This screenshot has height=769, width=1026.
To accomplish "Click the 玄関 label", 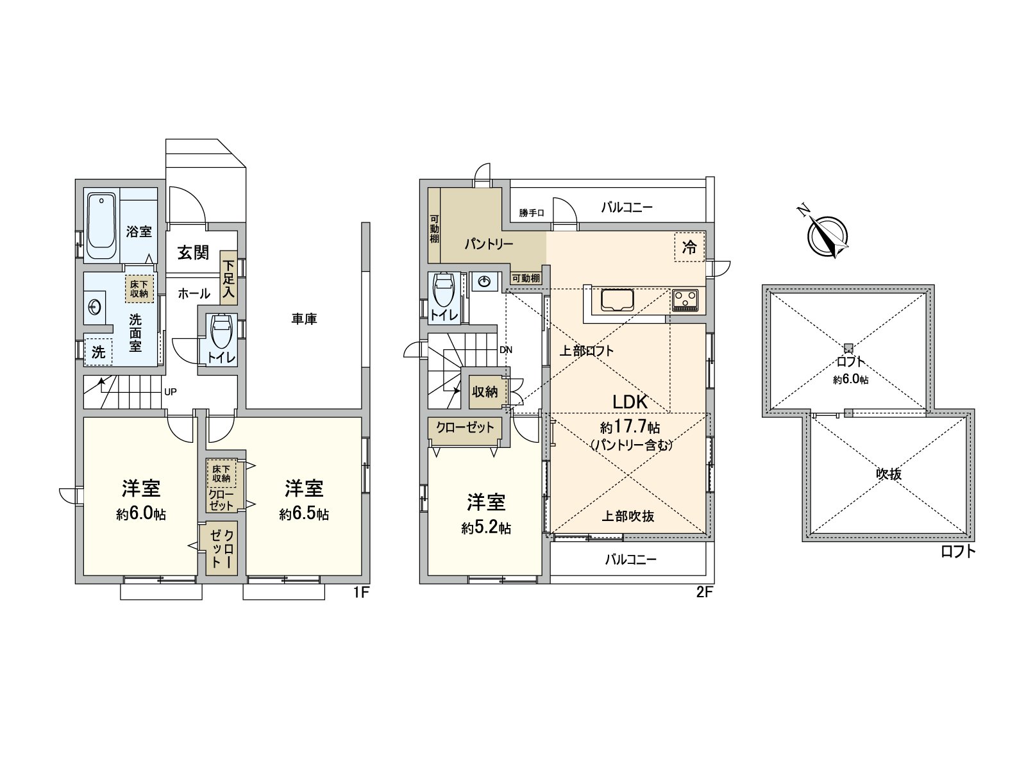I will click(192, 252).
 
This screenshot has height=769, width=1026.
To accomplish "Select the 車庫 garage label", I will click(304, 318).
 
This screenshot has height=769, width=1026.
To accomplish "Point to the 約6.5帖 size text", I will click(304, 514).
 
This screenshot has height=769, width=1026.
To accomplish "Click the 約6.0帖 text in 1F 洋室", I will click(141, 514).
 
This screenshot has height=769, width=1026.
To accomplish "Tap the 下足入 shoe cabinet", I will click(228, 281).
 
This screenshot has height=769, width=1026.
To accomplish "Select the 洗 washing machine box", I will click(98, 351).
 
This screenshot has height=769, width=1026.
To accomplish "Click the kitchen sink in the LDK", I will click(617, 300).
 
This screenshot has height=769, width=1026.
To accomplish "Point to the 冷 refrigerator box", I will click(689, 247).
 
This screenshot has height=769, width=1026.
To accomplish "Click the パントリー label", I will click(489, 244).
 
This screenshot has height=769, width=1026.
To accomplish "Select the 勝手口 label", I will click(532, 213).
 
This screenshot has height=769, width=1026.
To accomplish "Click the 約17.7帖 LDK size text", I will click(630, 427).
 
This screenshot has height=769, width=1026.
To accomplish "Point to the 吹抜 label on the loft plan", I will click(889, 474).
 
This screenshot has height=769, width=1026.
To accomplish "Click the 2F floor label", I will click(704, 592).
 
